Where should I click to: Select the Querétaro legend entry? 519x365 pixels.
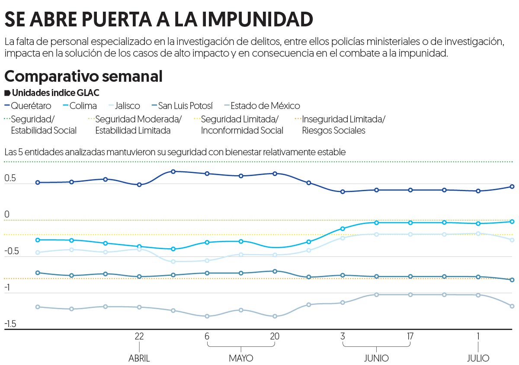(x=31, y=106)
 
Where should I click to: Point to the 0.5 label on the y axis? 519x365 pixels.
(x=10, y=178)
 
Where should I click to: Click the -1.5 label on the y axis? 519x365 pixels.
(x=11, y=324)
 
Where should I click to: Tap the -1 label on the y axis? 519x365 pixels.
(x=9, y=288)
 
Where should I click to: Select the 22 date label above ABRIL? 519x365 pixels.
(x=139, y=336)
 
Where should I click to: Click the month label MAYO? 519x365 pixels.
(x=241, y=359)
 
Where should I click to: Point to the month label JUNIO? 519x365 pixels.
(x=376, y=359)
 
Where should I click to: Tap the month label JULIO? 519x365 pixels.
(x=478, y=359)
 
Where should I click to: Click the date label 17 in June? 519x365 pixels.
(x=410, y=336)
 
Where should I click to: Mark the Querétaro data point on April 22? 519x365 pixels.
(x=139, y=185)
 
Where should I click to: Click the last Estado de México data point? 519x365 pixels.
(x=512, y=306)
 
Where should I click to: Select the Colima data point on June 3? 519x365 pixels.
(x=343, y=229)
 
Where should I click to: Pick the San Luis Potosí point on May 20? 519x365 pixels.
(x=275, y=271)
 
